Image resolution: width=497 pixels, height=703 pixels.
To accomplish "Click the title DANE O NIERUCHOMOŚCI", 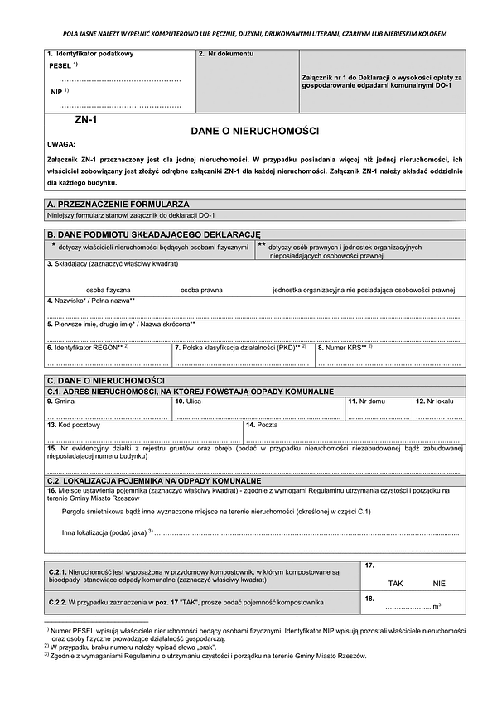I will pos(254,131).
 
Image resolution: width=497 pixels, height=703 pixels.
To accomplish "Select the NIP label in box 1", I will pos(56,92).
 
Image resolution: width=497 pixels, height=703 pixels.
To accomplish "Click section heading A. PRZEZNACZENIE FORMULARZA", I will pos(118,203).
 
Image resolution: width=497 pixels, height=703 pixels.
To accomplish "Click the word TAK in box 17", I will pos(395,584).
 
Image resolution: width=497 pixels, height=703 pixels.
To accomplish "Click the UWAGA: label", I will pos(61,144).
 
